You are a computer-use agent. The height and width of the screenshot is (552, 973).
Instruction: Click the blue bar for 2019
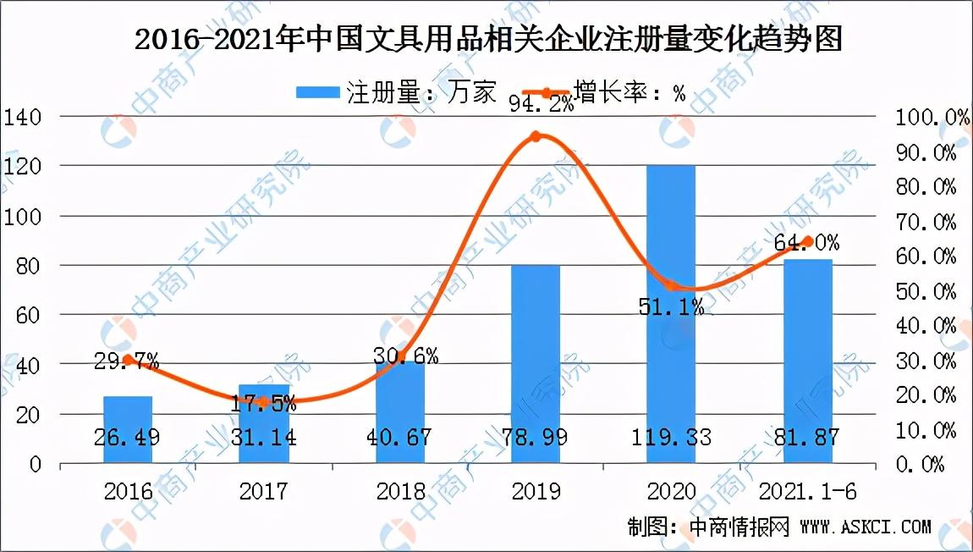536,364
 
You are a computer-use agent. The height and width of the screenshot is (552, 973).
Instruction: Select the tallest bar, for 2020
671,313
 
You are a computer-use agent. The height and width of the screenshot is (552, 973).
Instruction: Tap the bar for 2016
128,429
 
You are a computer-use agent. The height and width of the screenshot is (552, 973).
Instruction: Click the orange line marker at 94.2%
536,136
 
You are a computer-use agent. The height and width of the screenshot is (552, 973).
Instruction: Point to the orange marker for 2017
263,402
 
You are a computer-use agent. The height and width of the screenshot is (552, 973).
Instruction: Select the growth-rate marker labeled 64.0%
808,241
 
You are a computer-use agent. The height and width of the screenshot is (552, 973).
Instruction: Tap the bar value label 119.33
671,438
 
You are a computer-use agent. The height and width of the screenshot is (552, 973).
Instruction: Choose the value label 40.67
399,438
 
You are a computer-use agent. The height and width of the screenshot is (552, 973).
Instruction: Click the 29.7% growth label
128,362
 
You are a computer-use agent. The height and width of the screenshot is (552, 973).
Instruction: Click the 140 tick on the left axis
23,117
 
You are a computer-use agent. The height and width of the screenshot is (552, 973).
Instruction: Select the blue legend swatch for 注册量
317,92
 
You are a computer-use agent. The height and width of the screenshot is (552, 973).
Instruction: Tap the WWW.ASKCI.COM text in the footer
865,527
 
